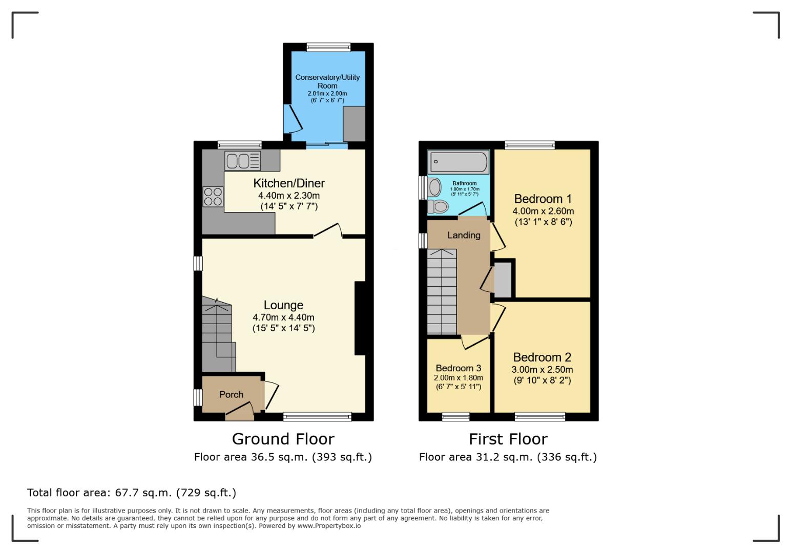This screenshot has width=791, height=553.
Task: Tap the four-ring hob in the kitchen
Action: click(214, 197)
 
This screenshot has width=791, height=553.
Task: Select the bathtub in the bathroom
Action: click(459, 162)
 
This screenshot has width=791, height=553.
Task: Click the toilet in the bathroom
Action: click(439, 207)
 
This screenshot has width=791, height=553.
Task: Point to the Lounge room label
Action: click(283, 305)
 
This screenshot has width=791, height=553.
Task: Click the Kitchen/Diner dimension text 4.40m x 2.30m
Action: click(289, 196)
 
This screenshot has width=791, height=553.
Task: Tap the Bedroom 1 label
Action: click(543, 199)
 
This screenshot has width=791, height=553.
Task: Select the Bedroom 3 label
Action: click(458, 368)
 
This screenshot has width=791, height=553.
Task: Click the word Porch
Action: click(231, 394)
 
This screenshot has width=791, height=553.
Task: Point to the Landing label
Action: click(464, 235)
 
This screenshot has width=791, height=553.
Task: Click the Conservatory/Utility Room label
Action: click(327, 81)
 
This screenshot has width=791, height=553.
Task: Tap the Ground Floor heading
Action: click(283, 439)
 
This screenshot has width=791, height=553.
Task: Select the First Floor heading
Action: click(508, 439)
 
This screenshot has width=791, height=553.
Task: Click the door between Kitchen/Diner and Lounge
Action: click(328, 231)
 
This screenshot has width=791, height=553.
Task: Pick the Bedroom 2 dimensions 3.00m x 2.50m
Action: click(542, 370)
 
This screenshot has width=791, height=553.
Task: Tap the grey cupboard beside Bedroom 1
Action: click(503, 279)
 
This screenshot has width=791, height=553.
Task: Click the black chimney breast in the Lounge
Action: click(360, 318)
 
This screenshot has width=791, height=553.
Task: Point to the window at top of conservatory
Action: click(328, 47)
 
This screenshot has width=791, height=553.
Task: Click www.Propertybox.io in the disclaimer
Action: click(329, 526)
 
